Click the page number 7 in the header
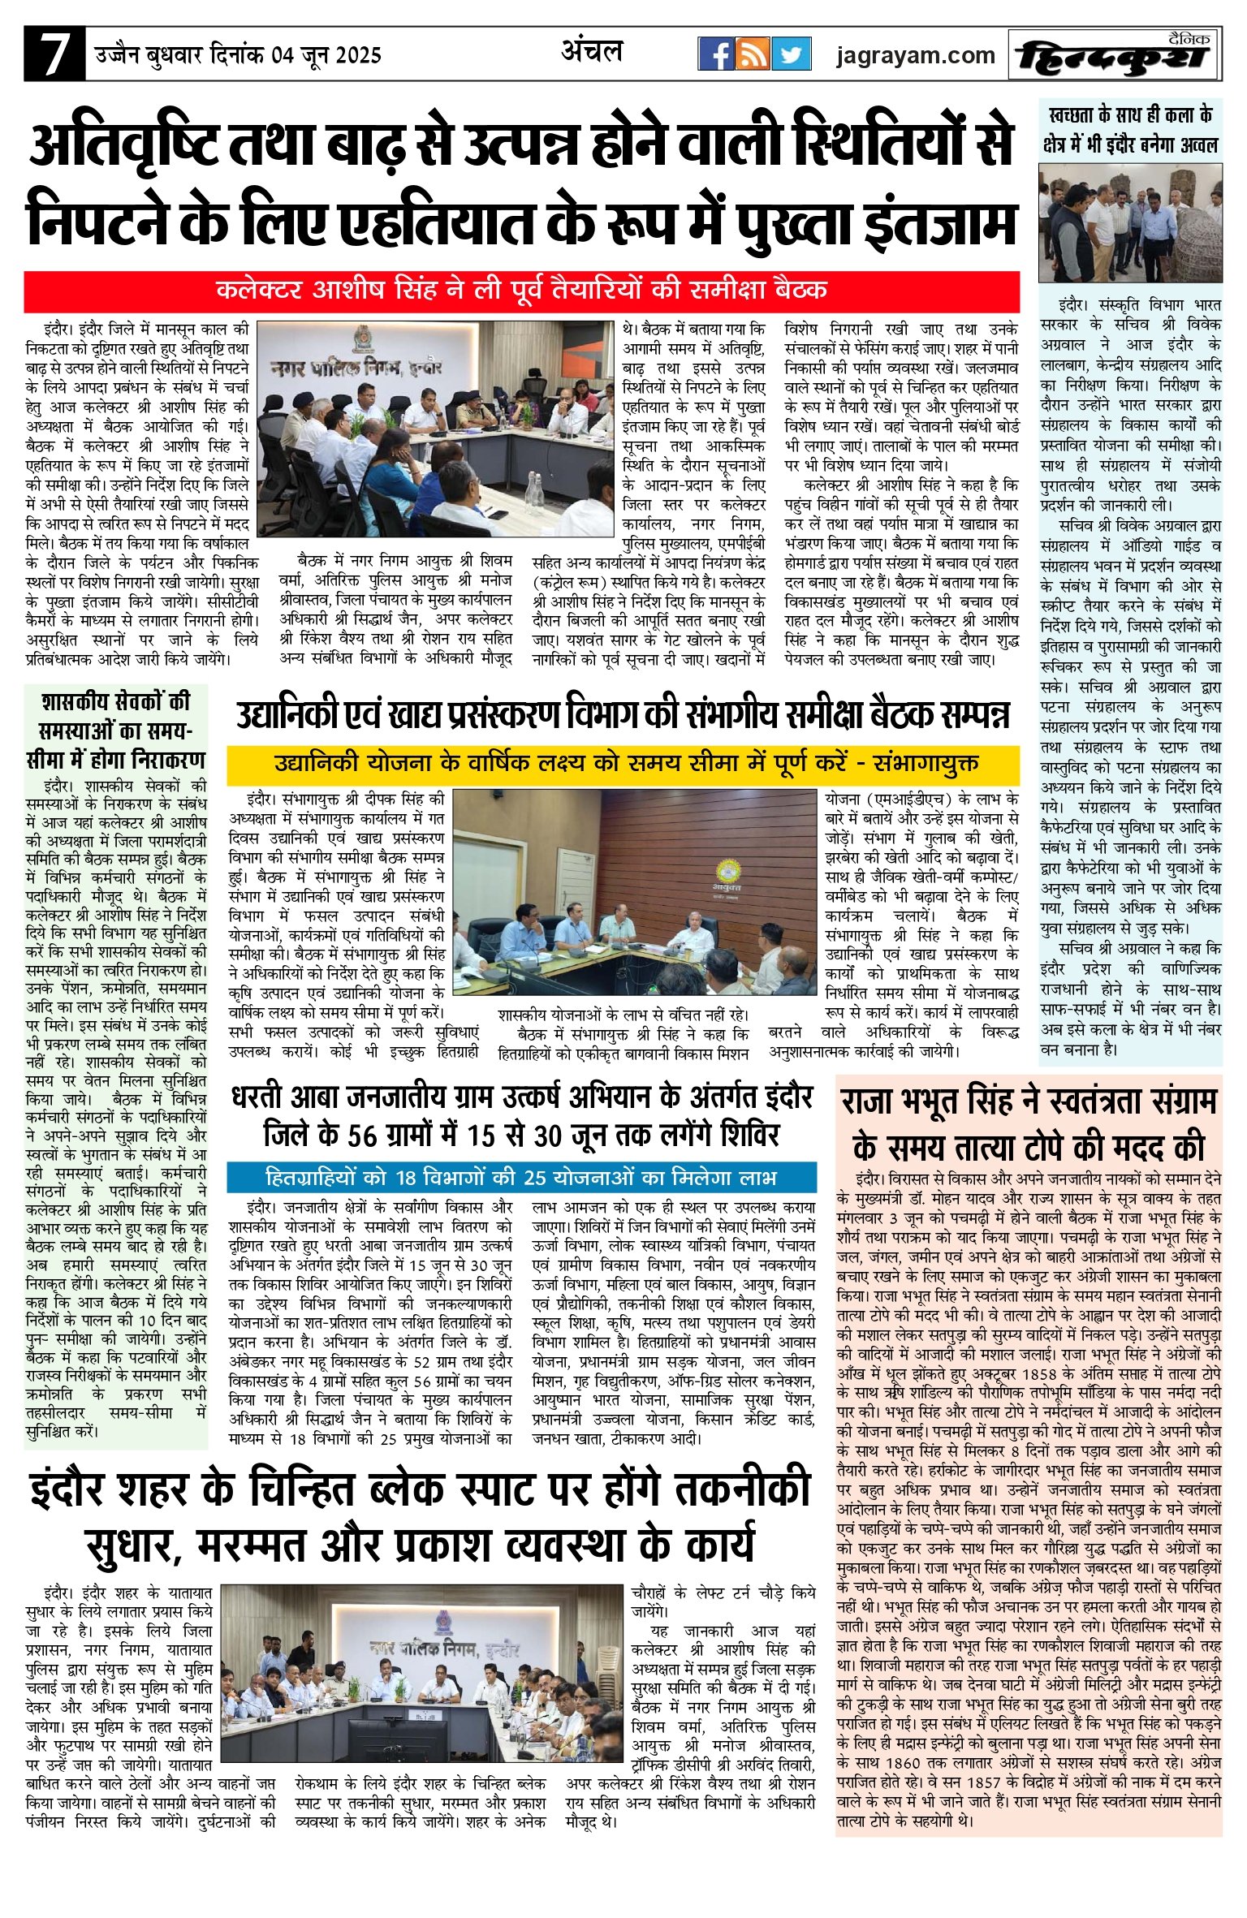click(54, 54)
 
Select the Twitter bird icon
click(791, 54)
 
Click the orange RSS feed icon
click(753, 54)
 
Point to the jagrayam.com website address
click(915, 55)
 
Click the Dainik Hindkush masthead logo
click(1116, 55)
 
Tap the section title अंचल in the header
click(592, 52)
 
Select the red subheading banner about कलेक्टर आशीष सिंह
click(521, 290)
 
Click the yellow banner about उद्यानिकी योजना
click(623, 764)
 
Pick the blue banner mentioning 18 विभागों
click(521, 1177)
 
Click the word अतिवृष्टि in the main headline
click(123, 146)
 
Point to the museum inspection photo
click(1130, 222)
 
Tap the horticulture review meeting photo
click(633, 892)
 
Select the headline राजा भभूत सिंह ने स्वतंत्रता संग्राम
click(1028, 1125)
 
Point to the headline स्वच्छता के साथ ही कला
click(1130, 130)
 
